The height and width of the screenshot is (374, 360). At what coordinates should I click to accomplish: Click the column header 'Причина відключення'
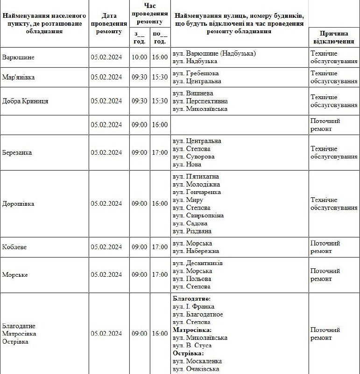(x=334, y=37)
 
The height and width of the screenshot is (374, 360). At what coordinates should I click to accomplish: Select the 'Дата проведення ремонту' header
(x=109, y=23)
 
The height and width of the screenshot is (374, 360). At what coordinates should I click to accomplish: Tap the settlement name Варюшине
(x=18, y=57)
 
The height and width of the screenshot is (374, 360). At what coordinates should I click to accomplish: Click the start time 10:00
(x=139, y=57)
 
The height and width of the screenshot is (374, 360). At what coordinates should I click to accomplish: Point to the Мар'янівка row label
(x=19, y=77)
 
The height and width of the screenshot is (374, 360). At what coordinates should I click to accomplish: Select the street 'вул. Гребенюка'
(x=196, y=73)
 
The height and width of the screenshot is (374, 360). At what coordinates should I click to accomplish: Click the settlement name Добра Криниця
(x=25, y=101)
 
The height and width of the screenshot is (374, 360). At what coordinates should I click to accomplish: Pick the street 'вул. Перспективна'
(x=200, y=101)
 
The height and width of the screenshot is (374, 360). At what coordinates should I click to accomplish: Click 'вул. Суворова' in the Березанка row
(x=194, y=157)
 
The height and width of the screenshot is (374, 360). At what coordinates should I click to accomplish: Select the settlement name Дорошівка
(x=18, y=204)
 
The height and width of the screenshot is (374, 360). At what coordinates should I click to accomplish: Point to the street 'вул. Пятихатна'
(x=196, y=177)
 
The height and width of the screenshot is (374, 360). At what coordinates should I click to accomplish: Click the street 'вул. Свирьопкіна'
(x=198, y=216)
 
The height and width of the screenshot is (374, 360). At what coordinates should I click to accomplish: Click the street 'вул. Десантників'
(x=198, y=263)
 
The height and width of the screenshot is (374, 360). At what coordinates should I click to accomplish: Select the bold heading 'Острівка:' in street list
(x=188, y=353)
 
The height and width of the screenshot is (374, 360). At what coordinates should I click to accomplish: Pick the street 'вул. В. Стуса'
(x=192, y=345)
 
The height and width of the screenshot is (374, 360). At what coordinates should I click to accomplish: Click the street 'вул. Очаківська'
(x=196, y=369)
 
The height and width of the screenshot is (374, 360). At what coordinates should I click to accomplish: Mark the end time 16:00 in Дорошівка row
(x=160, y=204)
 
